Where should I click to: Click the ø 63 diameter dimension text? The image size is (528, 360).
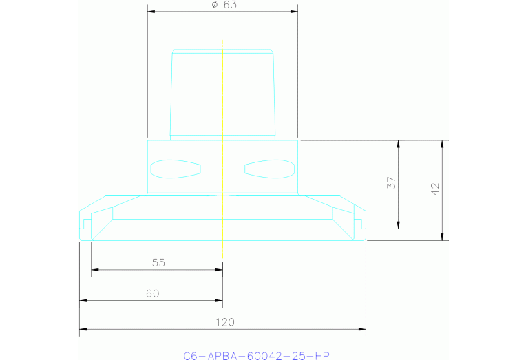pos(222,5)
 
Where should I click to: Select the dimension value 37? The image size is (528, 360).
pos(390,183)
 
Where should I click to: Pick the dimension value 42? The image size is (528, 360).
pos(434,190)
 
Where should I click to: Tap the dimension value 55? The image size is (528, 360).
pos(158,262)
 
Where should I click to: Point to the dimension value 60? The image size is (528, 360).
pos(152,293)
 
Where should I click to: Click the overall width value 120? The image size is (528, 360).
pos(225,321)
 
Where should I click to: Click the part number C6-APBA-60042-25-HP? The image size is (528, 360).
pos(256,355)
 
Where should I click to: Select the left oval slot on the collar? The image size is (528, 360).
pos(176,168)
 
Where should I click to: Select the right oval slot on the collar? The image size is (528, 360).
pos(269,168)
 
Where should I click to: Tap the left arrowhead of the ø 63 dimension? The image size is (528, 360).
pos(151,12)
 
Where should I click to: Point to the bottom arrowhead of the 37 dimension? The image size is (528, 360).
pos(398,226)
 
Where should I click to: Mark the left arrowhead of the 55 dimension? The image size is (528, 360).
pos(94,270)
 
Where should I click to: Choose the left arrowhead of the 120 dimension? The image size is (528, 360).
pos(83,330)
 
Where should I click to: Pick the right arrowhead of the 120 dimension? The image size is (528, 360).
pos(363,330)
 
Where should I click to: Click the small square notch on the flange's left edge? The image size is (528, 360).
pos(86,223)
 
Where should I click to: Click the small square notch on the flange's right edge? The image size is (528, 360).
pos(358,223)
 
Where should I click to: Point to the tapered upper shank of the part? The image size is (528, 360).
pos(223,93)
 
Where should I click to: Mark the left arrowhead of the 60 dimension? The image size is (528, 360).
pos(83,301)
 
